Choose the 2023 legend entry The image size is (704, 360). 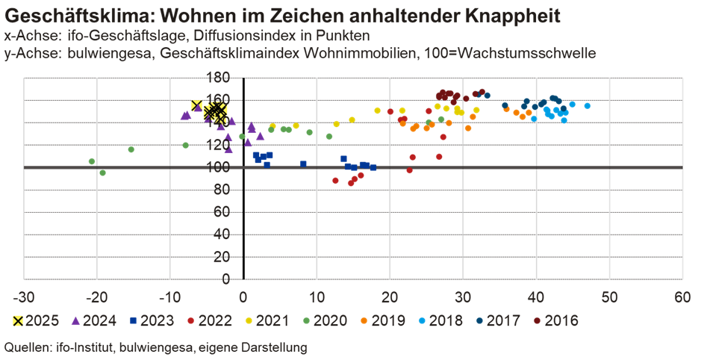[151, 320]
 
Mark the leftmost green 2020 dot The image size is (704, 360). [92, 161]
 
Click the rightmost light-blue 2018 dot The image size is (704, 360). [588, 106]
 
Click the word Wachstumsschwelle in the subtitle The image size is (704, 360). [537, 53]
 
